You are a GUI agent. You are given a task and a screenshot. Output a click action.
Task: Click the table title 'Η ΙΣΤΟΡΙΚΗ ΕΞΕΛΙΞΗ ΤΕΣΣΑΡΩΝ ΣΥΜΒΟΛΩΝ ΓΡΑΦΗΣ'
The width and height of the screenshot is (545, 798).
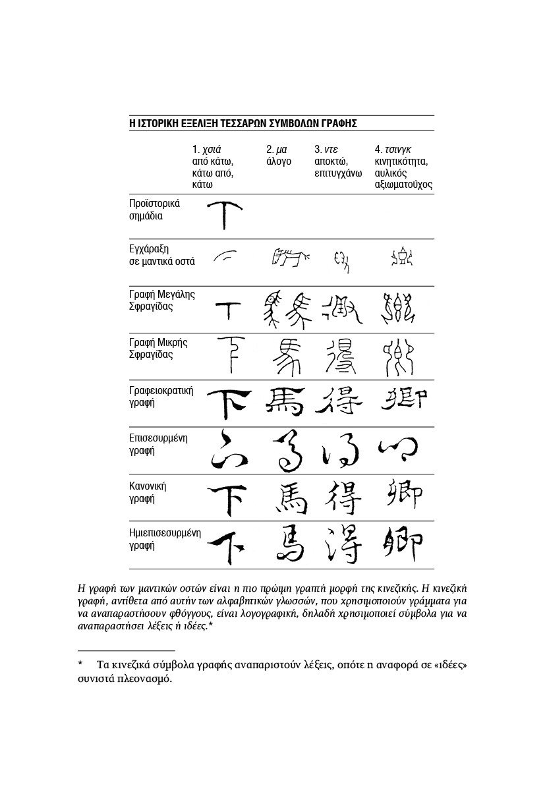[243, 123]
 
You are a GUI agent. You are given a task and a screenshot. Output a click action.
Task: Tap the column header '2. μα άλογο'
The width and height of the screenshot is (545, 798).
[279, 156]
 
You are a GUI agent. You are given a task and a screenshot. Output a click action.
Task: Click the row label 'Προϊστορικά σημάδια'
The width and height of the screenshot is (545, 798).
[154, 210]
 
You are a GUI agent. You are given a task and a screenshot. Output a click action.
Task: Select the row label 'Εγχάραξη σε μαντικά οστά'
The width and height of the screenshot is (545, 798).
[161, 255]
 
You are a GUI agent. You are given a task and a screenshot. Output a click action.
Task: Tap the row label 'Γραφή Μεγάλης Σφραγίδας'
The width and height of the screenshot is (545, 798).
[161, 300]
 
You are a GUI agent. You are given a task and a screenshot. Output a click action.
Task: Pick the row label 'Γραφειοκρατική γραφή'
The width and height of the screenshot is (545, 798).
[161, 396]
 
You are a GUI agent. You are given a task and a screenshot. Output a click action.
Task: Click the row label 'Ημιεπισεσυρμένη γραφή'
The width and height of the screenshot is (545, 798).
[165, 539]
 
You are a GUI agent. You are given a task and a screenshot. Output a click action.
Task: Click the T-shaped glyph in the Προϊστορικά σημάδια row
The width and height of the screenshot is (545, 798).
[224, 214]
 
